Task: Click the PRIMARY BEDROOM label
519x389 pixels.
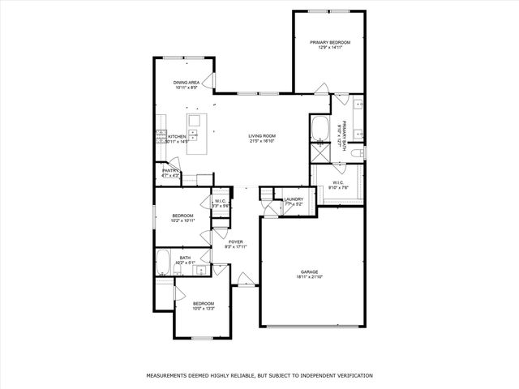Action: click(330, 42)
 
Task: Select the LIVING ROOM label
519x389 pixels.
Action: click(263, 135)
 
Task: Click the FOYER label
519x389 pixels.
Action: click(236, 242)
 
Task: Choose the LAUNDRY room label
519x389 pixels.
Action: click(294, 199)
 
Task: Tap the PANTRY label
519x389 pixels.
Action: click(169, 170)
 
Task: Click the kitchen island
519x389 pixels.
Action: click(195, 134)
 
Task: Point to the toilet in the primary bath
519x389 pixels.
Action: click(362, 152)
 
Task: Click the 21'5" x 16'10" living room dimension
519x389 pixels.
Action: click(263, 141)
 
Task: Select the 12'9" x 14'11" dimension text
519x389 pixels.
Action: click(330, 48)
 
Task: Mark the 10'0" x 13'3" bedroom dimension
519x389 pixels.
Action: click(203, 309)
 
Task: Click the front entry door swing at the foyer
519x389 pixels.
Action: click(245, 280)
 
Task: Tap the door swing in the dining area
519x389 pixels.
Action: click(208, 81)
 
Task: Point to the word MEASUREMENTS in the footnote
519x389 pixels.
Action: click(167, 376)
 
